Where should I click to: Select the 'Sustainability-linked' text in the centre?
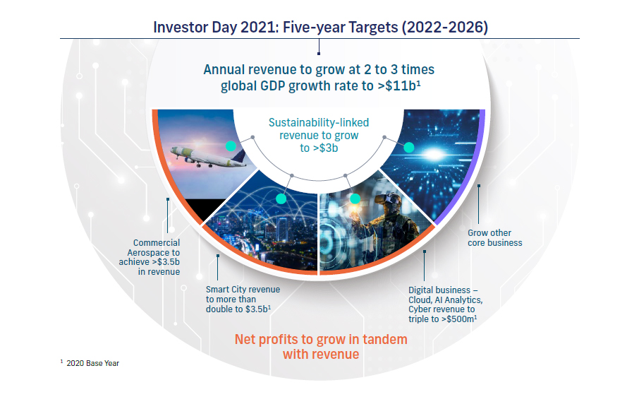pyautogui.click(x=319, y=122)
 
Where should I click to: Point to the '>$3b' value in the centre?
pyautogui.click(x=324, y=148)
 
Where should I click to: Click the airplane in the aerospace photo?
pyautogui.click(x=208, y=156)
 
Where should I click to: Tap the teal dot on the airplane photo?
pyautogui.click(x=231, y=146)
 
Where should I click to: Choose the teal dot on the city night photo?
pyautogui.click(x=281, y=198)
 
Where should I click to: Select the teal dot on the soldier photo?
pyautogui.click(x=355, y=198)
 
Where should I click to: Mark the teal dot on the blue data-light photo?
pyautogui.click(x=408, y=148)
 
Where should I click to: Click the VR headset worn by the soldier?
pyautogui.click(x=386, y=198)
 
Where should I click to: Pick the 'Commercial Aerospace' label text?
pyautogui.click(x=154, y=247)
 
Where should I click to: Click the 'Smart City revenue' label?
pyautogui.click(x=243, y=289)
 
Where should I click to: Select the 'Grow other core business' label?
pyautogui.click(x=494, y=237)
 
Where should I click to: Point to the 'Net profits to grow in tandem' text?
pyautogui.click(x=321, y=339)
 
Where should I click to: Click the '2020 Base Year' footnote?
pyautogui.click(x=92, y=363)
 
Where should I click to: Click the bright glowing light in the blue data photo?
pyautogui.click(x=434, y=154)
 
